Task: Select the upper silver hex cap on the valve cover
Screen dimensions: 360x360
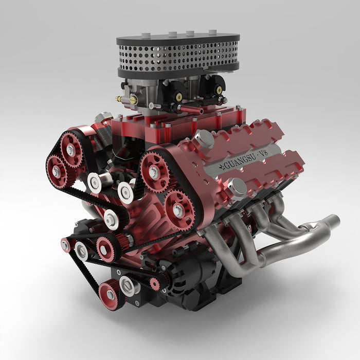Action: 204,138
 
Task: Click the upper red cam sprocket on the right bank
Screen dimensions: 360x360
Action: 154,172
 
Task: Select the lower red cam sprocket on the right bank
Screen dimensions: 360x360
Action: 178,210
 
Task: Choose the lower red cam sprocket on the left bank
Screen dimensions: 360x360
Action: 56,170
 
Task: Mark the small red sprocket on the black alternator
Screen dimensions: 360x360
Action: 153,282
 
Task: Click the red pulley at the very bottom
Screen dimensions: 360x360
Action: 110,295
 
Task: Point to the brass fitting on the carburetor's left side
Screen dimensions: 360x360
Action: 120,98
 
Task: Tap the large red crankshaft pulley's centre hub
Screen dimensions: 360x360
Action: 105,248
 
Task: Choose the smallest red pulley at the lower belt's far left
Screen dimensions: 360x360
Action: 65,245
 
